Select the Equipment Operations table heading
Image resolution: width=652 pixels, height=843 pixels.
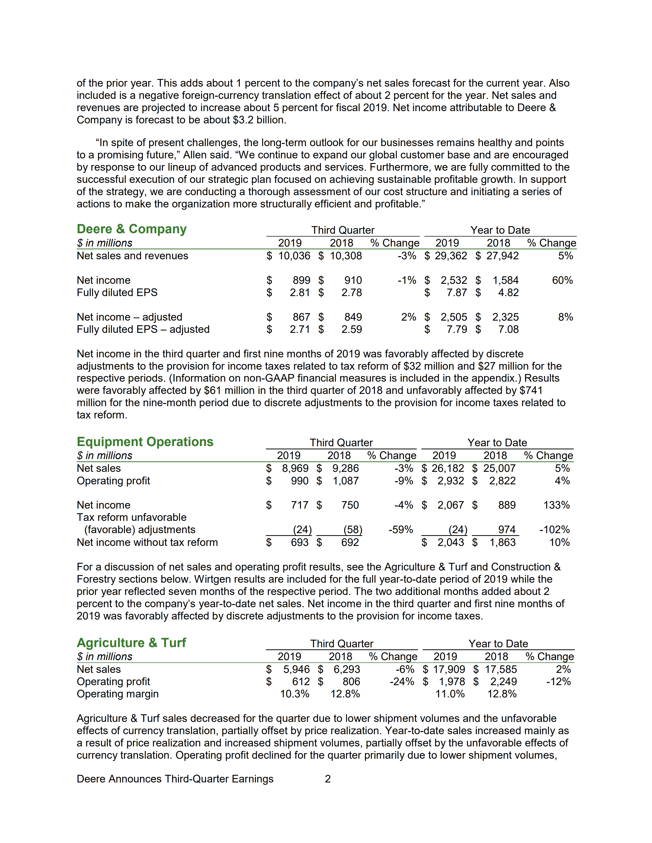click(145, 442)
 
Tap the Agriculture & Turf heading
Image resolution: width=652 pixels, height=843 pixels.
click(131, 643)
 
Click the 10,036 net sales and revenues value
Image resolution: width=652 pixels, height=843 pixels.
click(294, 256)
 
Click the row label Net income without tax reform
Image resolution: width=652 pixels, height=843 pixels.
click(147, 542)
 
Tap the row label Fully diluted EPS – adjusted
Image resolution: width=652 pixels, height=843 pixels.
click(143, 329)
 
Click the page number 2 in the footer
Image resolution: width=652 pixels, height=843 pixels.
click(328, 779)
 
